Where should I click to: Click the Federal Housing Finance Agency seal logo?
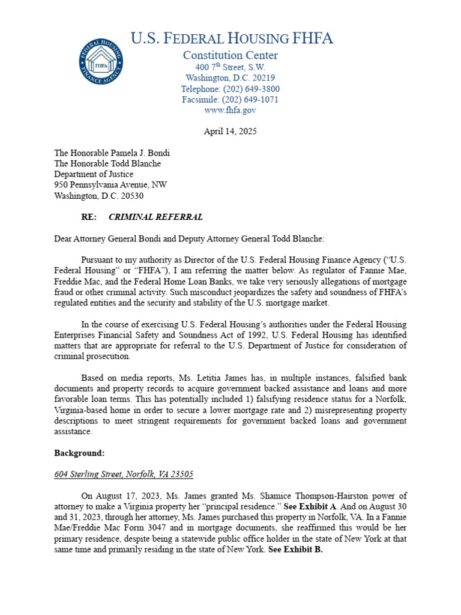pos(101,61)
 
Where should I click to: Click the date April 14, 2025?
pos(230,132)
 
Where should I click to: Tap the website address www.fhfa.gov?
pos(230,111)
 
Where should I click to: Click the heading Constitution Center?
pos(230,55)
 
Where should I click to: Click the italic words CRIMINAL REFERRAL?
pos(155,217)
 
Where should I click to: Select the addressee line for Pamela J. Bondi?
pos(112,153)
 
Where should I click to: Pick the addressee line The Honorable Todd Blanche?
pos(107,163)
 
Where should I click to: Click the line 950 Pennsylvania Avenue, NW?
pos(110,185)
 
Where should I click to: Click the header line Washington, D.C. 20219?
pos(230,78)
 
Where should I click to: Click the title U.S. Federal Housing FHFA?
pos(231,38)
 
